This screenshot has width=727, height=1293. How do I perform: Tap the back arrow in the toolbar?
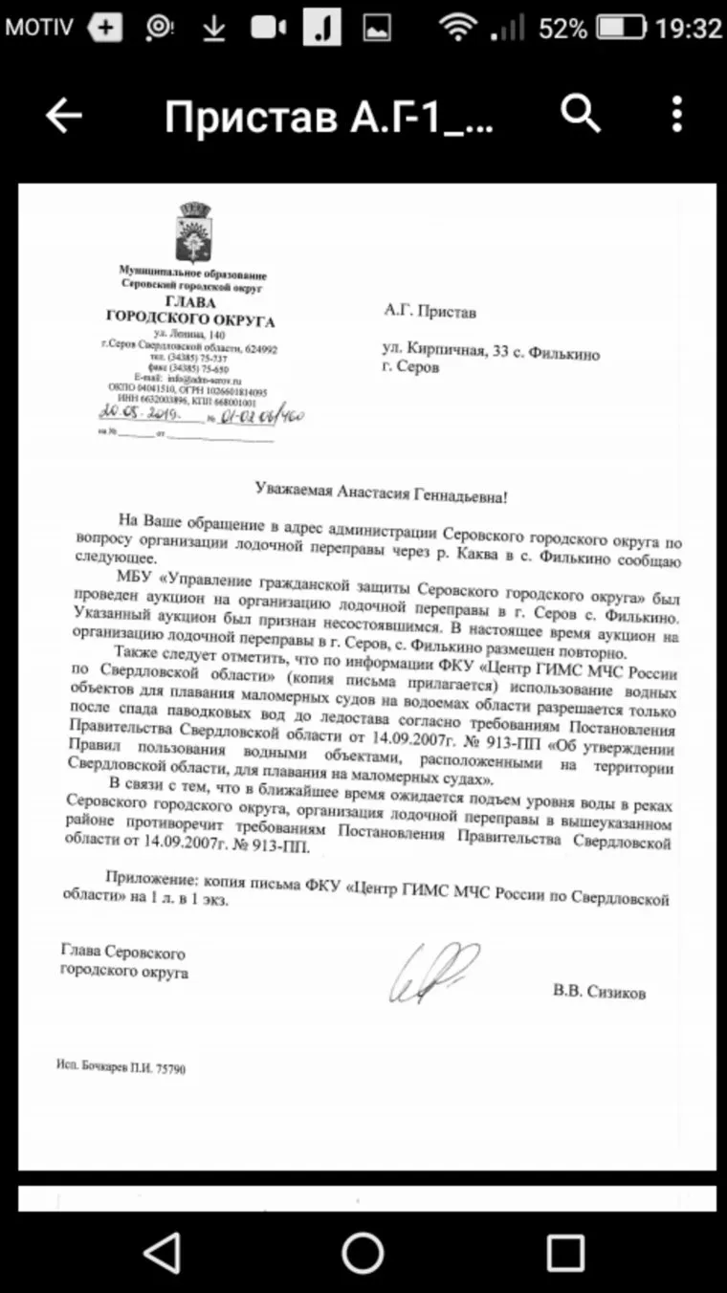click(64, 116)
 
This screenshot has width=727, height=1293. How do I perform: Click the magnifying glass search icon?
click(579, 114)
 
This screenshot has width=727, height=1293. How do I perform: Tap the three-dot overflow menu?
click(677, 114)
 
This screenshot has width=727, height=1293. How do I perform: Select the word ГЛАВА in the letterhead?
click(190, 300)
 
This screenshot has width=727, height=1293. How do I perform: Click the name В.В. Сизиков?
click(599, 993)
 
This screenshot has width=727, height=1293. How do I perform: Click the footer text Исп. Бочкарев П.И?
click(121, 1068)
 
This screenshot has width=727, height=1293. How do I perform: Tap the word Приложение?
click(143, 878)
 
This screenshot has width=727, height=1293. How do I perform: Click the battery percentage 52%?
click(562, 29)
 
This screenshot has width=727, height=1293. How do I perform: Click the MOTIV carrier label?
click(38, 28)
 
